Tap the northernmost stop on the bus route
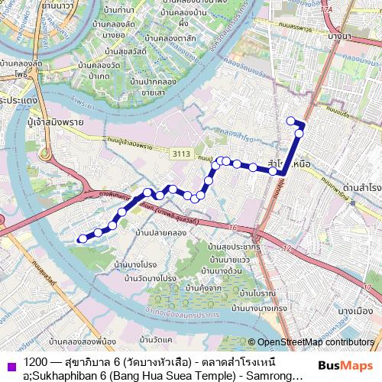290,121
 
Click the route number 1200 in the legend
34,360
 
